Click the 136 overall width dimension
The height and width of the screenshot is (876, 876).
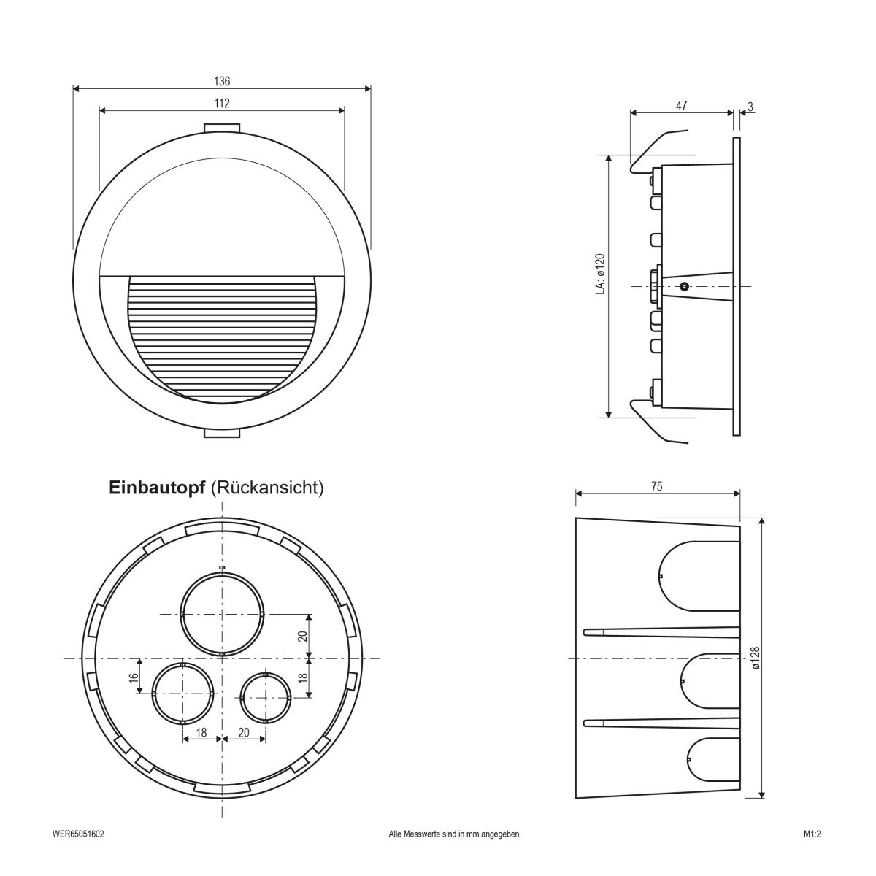[x=222, y=82]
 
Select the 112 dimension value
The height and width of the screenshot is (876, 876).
[x=222, y=104]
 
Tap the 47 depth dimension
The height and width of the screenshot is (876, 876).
[x=680, y=106]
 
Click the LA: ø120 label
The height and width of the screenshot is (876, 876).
[x=599, y=274]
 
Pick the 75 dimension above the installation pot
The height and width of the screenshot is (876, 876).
[x=657, y=488]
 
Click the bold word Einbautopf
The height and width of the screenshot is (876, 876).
[x=156, y=488]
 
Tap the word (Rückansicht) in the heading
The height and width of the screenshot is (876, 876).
[x=266, y=488]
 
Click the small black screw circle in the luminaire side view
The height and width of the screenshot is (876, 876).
[x=684, y=286]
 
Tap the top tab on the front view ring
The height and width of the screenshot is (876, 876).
[x=222, y=128]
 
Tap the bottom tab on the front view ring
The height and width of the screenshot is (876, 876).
[x=222, y=434]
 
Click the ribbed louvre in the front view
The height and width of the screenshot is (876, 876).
[x=222, y=336]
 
